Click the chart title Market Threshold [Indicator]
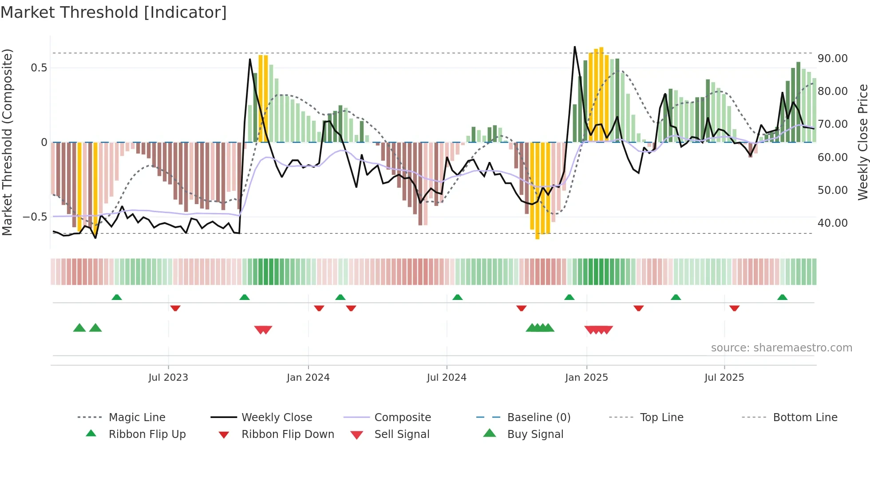114,12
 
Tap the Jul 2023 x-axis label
168,378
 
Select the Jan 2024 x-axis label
308,378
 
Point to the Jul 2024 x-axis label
447,378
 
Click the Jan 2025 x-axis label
586,378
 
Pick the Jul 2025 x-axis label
724,378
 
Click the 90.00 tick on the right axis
832,59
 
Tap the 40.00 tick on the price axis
832,223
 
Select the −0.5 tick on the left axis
35,217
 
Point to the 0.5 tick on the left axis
39,68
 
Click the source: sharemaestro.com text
781,348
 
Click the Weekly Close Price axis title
862,142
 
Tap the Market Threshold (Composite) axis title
7,142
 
